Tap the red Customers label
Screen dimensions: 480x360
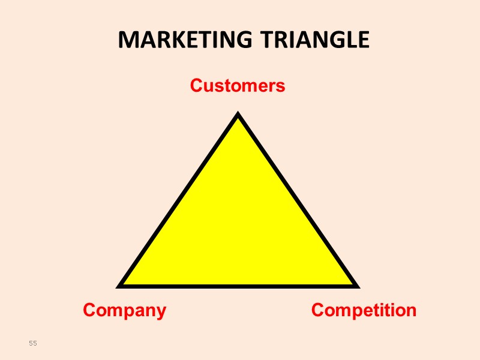click(238, 86)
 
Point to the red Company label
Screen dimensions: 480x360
click(124, 310)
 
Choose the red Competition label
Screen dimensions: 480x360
click(364, 310)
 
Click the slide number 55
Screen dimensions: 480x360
click(33, 343)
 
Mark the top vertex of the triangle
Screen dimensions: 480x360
click(238, 115)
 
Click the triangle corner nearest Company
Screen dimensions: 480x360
click(122, 284)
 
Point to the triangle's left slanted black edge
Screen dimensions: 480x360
click(180, 200)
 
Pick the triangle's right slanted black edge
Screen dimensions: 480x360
click(296, 200)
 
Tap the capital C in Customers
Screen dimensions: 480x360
click(196, 86)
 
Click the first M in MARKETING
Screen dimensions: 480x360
click(127, 40)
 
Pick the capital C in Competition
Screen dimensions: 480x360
click(318, 310)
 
